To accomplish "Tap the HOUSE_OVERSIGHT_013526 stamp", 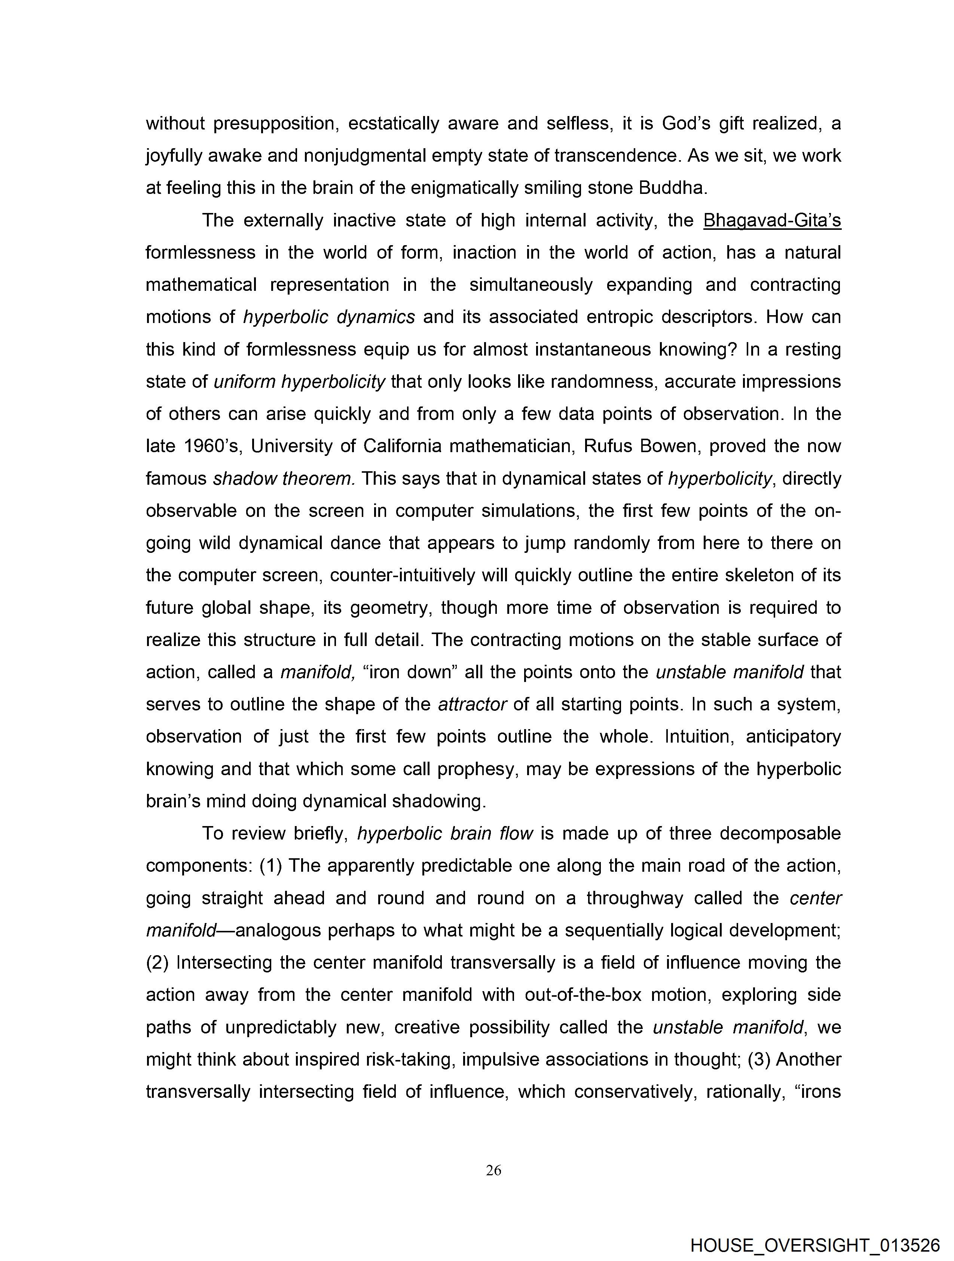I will [814, 1245].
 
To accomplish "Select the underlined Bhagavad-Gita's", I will [772, 220].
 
